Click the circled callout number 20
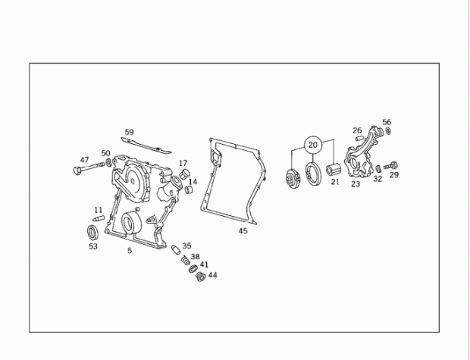point(312,145)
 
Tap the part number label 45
point(243,231)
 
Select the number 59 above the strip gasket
point(129,132)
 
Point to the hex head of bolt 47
point(77,171)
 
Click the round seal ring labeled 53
point(92,232)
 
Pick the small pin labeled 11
point(99,218)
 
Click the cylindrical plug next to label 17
point(185,174)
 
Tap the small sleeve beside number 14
point(189,189)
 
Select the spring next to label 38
point(186,260)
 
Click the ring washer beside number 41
point(193,268)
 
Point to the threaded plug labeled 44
point(200,277)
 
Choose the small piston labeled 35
point(175,249)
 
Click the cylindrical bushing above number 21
point(333,170)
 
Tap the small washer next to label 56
point(388,131)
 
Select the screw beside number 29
point(390,165)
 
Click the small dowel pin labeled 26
point(359,138)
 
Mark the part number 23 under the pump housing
point(356,183)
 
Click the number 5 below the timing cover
point(130,250)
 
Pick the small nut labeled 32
point(378,169)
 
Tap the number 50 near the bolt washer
point(105,153)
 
